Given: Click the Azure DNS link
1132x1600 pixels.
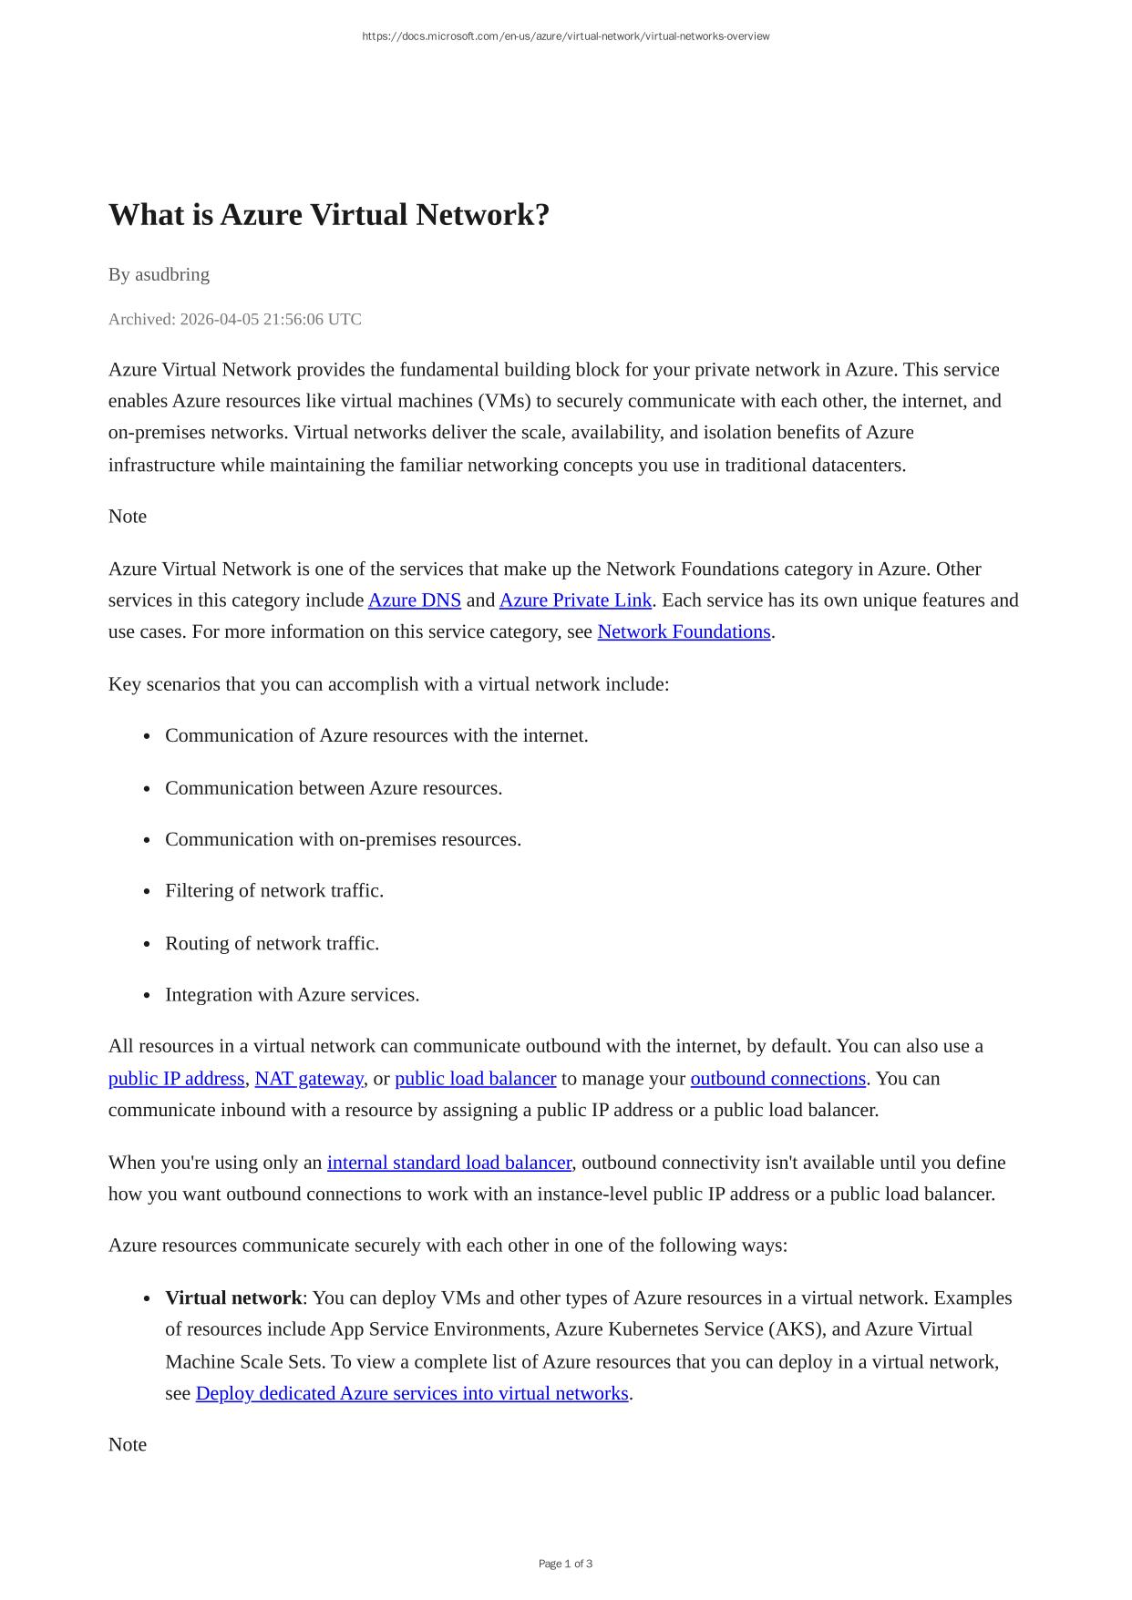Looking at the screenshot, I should coord(414,600).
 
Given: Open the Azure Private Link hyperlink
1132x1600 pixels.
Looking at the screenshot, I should coord(575,600).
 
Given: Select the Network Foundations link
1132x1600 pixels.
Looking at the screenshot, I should coord(684,631).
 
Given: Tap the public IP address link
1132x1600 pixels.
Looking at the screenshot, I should coord(176,1079).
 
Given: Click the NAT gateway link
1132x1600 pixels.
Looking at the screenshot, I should coord(308,1079).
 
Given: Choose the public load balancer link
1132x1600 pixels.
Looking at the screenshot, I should coord(475,1079).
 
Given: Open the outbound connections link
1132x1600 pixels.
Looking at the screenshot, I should coord(777,1079).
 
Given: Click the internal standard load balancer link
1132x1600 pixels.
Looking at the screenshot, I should coord(449,1163).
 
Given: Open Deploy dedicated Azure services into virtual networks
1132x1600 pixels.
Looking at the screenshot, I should coord(412,1393).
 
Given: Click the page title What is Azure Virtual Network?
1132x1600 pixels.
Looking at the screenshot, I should coord(329,215).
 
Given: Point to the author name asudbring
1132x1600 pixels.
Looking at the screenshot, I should coord(172,274).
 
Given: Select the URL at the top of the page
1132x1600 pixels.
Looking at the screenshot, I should coord(565,36).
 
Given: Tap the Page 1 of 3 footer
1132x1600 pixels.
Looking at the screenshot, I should coord(565,1564).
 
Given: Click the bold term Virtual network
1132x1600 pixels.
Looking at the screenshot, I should coord(233,1297).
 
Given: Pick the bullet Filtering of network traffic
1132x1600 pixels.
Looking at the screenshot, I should coord(274,890).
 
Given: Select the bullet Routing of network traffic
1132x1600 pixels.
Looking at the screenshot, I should coord(272,943).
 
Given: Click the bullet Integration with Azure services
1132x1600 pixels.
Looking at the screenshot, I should coord(292,995).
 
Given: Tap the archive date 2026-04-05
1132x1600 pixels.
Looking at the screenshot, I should coord(219,319).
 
